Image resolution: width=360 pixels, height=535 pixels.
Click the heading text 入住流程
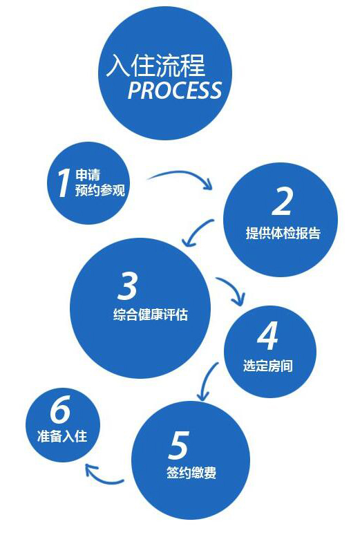point(155,65)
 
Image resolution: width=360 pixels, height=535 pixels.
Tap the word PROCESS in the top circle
point(175,90)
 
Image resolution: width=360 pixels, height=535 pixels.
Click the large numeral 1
point(63,182)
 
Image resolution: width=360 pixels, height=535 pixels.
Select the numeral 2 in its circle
point(282,201)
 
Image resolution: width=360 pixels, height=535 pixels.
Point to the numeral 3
point(127,286)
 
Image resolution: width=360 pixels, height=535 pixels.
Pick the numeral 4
point(267,336)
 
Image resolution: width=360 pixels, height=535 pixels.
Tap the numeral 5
point(179,445)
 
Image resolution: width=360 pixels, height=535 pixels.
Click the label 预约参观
point(100,190)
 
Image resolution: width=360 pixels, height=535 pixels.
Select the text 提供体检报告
point(283,233)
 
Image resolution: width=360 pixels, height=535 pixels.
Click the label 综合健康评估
point(151,315)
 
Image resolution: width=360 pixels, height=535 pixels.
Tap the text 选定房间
point(268,366)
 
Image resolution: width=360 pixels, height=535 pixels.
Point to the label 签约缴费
point(191,473)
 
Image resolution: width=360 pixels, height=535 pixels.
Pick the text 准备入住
point(62,436)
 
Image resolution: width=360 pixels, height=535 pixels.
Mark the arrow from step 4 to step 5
point(206,380)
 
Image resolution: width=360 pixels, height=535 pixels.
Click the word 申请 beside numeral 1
point(88,175)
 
